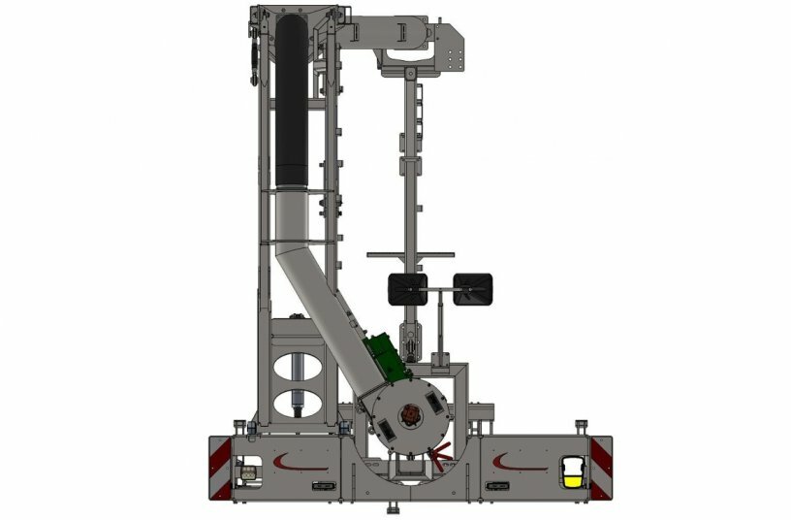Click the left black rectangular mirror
click(407, 288)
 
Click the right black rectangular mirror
click(475, 288)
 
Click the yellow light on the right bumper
click(574, 478)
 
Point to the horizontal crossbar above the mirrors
click(410, 255)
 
